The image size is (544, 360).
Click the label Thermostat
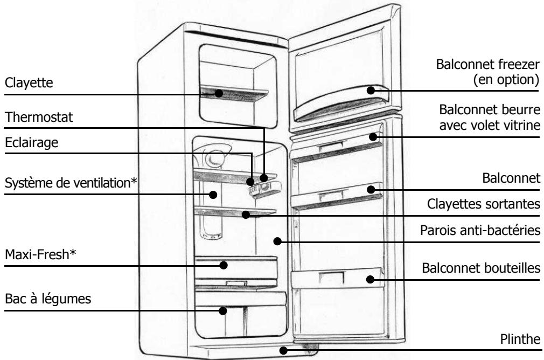coord(39,117)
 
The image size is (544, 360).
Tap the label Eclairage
coord(32,143)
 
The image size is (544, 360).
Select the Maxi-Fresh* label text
coord(40,254)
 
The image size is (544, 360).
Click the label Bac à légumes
coord(48,299)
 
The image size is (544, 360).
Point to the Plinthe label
coord(520,339)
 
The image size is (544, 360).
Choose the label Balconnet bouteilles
coord(481,268)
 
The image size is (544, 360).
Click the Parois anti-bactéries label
coord(480,230)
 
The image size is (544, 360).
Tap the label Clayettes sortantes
coord(483,204)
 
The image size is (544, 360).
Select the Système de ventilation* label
coord(71,183)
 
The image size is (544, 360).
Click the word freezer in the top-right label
coord(519,65)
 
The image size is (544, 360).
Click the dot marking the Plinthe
coord(283,351)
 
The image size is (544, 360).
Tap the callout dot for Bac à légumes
coord(223,310)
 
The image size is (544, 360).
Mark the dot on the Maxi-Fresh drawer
coord(224,265)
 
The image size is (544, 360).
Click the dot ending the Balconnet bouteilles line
coord(370,279)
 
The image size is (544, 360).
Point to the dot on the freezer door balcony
coord(371,91)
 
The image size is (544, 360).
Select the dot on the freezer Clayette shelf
coord(218,93)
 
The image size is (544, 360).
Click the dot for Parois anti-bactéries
coord(277,241)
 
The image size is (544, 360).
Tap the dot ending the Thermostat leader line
coord(264,178)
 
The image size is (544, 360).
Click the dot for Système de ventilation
coord(213,195)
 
